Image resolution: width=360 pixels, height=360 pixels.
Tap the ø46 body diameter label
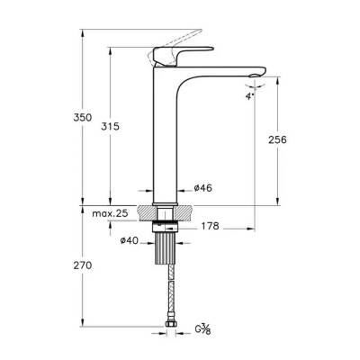click(x=203, y=190)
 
